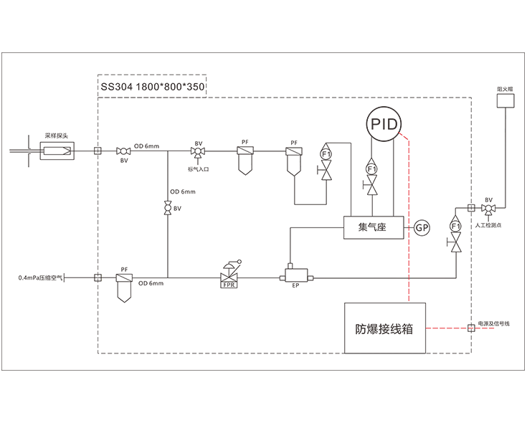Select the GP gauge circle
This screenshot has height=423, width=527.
tap(422, 227)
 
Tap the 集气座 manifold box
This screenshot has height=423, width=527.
tap(372, 227)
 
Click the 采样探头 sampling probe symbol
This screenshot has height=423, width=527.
tap(57, 151)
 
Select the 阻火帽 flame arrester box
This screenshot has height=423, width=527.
tap(505, 101)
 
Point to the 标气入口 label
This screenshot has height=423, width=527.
tap(198, 168)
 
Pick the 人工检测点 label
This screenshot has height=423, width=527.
tap(488, 225)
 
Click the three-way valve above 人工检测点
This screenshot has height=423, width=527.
tap(488, 209)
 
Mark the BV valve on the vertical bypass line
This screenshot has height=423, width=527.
tap(167, 209)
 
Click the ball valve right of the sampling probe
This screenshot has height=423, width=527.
tap(123, 151)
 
